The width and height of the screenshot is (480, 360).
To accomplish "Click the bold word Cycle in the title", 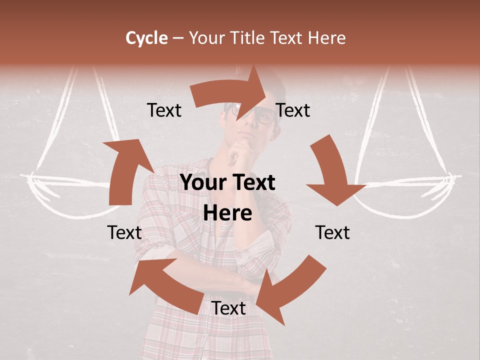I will pos(146,38).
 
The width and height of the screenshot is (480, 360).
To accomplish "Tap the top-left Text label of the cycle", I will pos(164,110).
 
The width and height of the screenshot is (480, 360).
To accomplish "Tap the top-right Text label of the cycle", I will pos(293,110).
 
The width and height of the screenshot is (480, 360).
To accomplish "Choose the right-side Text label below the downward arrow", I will pos(332,232).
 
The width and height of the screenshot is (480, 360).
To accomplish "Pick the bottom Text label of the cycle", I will pos(228,308).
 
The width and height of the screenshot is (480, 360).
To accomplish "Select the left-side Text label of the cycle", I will pos(124,232).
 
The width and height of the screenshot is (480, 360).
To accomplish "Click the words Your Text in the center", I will pos(228,183).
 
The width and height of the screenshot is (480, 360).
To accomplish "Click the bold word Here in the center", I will pos(228,213).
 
